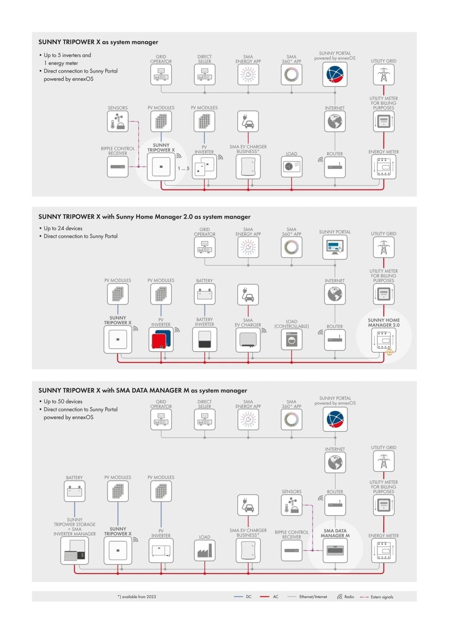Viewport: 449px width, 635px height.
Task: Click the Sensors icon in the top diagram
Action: [117, 121]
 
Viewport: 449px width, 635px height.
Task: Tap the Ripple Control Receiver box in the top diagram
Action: [117, 167]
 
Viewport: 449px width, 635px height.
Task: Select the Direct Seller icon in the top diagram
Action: [204, 74]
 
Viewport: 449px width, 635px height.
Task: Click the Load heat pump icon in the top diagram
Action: [291, 167]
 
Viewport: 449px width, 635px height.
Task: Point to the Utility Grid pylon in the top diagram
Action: [384, 74]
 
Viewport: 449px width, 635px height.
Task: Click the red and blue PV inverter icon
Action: [161, 339]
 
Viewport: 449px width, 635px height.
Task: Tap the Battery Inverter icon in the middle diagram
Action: [204, 339]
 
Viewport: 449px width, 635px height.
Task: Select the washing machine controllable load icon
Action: [291, 339]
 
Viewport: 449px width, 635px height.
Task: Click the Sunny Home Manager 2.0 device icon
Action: [384, 340]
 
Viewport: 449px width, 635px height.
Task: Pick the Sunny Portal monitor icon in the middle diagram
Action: [335, 247]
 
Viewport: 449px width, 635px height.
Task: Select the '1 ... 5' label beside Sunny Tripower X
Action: [183, 168]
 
